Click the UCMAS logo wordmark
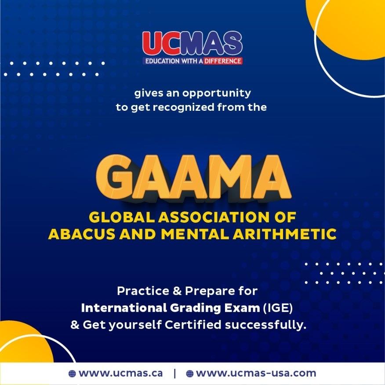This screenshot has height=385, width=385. click(192, 44)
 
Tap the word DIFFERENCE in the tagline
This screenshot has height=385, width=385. click(223, 61)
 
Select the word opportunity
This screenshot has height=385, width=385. click(217, 94)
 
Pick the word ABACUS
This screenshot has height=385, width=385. click(82, 234)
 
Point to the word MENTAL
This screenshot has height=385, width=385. click(196, 234)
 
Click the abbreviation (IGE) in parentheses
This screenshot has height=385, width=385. click(278, 308)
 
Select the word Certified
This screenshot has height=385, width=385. click(193, 325)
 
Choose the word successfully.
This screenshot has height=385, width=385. click(265, 325)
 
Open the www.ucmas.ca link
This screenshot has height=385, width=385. click(120, 373)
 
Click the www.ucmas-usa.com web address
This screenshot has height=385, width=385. click(256, 373)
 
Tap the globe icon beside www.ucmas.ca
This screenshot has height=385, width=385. click(72, 374)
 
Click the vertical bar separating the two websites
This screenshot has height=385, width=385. click(174, 374)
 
